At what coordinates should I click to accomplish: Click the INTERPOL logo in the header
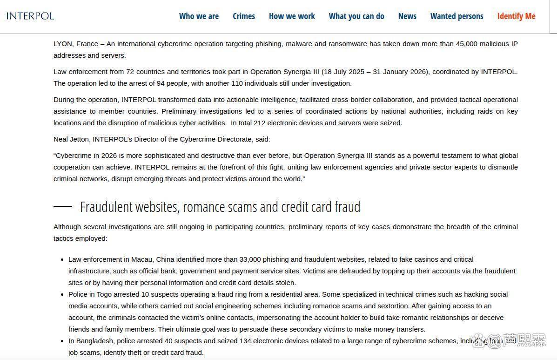pyautogui.click(x=30, y=16)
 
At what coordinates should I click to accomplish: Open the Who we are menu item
pyautogui.click(x=199, y=16)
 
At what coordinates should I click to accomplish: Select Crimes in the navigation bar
pyautogui.click(x=244, y=16)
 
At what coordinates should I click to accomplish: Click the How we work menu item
pyautogui.click(x=292, y=16)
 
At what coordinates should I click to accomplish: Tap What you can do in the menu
pyautogui.click(x=356, y=16)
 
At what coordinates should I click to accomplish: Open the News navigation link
pyautogui.click(x=407, y=16)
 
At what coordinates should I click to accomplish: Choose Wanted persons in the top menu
pyautogui.click(x=456, y=16)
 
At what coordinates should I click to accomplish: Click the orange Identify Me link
pyautogui.click(x=516, y=16)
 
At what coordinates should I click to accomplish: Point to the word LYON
pyautogui.click(x=63, y=44)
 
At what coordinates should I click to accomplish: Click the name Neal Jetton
pyautogui.click(x=72, y=139)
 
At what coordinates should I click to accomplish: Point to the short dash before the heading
pyautogui.click(x=63, y=206)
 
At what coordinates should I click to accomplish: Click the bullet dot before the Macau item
pyautogui.click(x=62, y=260)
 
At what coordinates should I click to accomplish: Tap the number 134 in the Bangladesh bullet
pyautogui.click(x=246, y=341)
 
